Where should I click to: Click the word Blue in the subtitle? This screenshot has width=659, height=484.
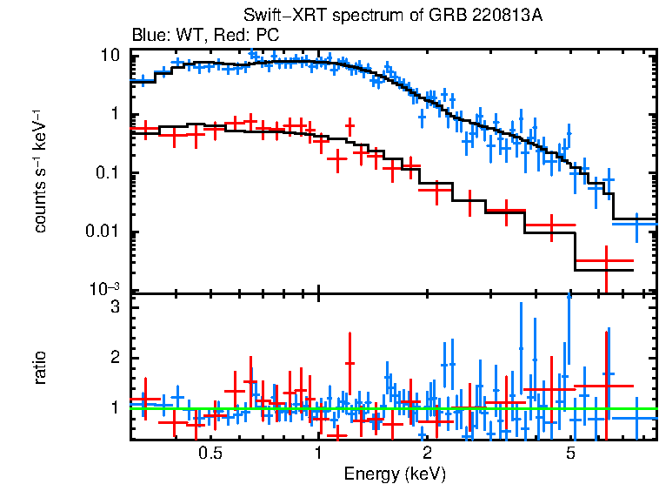tap(147, 36)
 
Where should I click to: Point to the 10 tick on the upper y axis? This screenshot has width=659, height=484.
tap(110, 55)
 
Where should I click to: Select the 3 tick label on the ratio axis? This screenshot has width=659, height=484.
tap(114, 307)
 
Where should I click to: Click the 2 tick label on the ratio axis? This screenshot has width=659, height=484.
tap(114, 358)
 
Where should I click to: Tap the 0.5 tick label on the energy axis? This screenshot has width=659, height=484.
tap(210, 453)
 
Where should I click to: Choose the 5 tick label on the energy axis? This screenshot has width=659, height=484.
tap(571, 453)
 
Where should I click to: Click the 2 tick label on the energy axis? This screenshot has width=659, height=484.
tap(427, 453)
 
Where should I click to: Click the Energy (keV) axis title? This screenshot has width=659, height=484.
tap(395, 474)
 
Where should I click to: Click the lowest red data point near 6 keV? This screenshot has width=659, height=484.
tap(605, 260)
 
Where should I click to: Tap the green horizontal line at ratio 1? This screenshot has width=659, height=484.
tap(391, 408)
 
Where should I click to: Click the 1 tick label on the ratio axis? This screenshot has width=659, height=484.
tap(114, 407)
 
